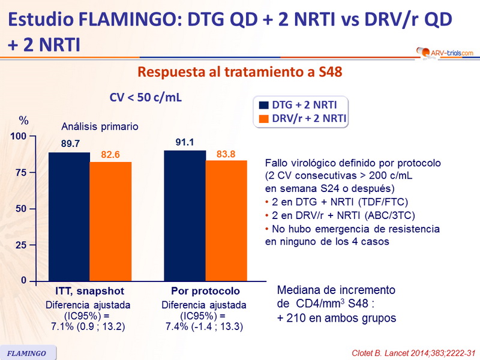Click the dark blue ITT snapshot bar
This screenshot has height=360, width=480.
tap(69, 217)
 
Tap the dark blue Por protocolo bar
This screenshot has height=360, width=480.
tap(185, 215)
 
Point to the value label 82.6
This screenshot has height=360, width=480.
tap(110, 155)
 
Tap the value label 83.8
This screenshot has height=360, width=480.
tap(226, 154)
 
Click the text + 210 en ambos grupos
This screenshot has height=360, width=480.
tap(337, 317)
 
